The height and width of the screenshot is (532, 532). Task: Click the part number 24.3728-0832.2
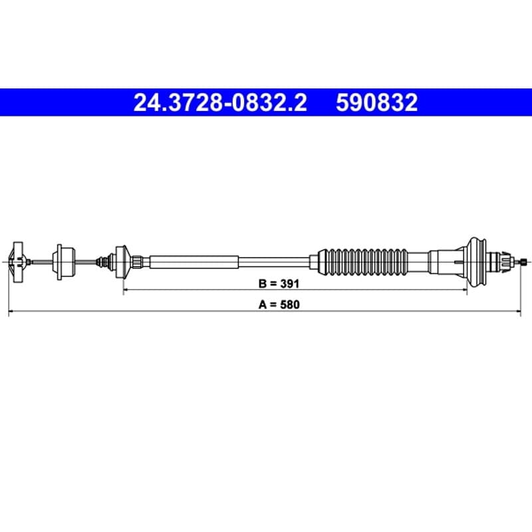pos(220,103)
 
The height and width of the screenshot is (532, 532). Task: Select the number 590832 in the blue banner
pos(376,103)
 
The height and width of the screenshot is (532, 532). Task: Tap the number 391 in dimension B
pos(290,284)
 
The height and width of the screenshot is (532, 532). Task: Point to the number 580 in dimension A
pos(290,305)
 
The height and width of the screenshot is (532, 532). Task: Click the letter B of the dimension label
pos(262,284)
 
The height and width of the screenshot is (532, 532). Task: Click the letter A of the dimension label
pos(263,305)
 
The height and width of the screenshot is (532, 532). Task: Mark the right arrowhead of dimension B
pos(465,290)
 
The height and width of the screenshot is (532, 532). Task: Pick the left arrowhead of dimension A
pos(11,311)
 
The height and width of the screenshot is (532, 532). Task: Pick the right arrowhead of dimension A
pos(518,311)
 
